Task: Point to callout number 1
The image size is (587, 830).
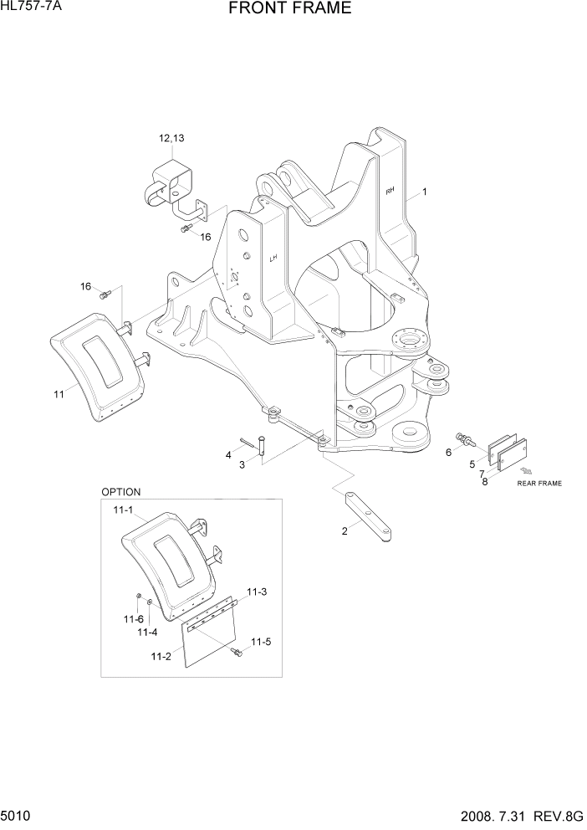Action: click(x=425, y=192)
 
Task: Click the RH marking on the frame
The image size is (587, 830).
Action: click(x=390, y=192)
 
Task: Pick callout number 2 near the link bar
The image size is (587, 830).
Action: click(x=345, y=530)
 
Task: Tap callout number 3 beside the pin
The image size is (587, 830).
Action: click(x=242, y=464)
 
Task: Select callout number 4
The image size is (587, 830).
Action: click(x=227, y=454)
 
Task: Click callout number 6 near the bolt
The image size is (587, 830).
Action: click(x=448, y=453)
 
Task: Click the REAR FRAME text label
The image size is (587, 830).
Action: click(x=539, y=484)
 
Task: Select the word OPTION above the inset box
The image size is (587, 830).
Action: click(x=121, y=492)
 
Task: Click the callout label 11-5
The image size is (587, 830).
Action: click(x=261, y=642)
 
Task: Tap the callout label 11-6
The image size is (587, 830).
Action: click(x=132, y=619)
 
